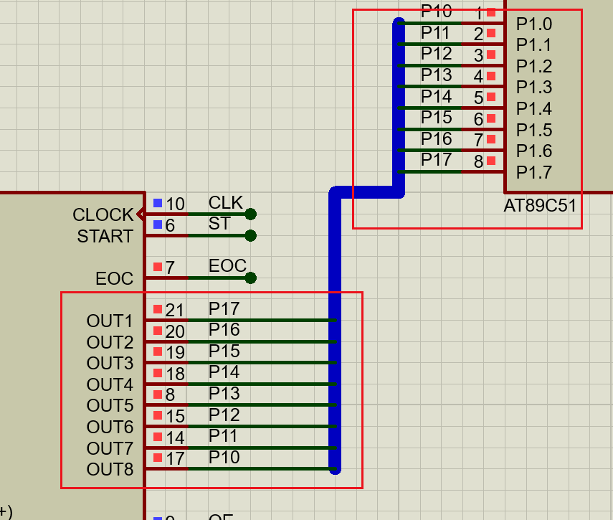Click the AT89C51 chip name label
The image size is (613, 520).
click(x=540, y=206)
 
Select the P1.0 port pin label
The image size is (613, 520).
click(x=534, y=24)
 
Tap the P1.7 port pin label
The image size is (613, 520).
click(x=534, y=172)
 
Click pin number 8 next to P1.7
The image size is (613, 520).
click(x=478, y=161)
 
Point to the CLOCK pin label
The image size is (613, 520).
click(x=103, y=214)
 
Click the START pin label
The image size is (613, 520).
click(x=105, y=236)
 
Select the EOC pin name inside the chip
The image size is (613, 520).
click(x=114, y=278)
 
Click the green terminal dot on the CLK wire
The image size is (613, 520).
click(x=250, y=214)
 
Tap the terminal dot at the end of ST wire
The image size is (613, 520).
click(x=250, y=235)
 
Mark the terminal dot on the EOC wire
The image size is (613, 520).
click(x=250, y=278)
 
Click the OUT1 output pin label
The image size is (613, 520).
click(x=110, y=321)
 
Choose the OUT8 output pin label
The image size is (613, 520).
click(x=110, y=470)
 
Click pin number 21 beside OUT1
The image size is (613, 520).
click(x=175, y=311)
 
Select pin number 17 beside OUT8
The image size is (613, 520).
click(x=175, y=459)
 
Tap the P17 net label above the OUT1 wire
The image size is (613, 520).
click(x=224, y=309)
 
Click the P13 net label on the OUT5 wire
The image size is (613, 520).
click(x=224, y=394)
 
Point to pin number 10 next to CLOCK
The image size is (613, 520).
click(x=175, y=204)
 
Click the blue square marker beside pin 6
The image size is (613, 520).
click(x=158, y=224)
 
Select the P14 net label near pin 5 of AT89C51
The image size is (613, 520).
click(x=436, y=96)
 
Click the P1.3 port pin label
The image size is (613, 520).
click(x=534, y=88)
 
